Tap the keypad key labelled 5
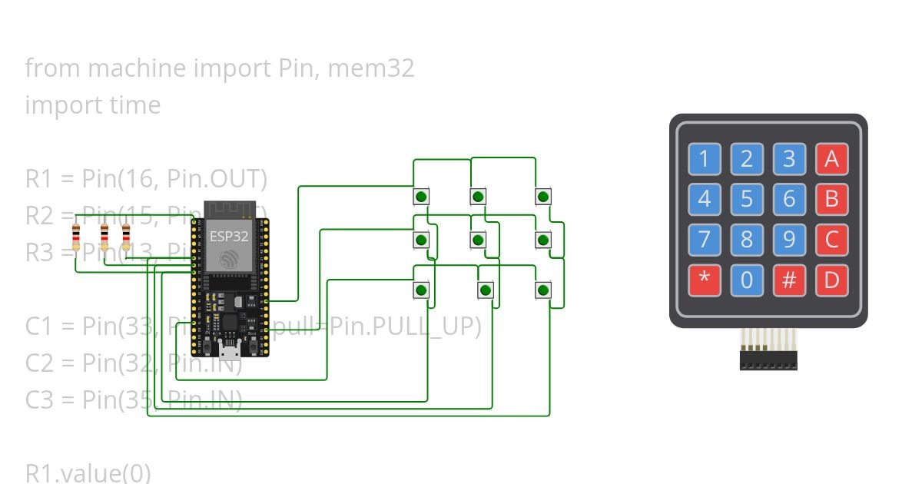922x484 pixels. point(746,200)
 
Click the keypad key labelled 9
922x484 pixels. point(788,240)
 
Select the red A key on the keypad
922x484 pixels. point(831,160)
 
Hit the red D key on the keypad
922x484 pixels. point(831,280)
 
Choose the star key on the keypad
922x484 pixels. point(704,280)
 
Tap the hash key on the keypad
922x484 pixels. point(788,280)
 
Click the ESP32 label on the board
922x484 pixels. point(230,237)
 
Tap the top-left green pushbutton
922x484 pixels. point(421,197)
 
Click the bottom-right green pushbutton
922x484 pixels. point(543,290)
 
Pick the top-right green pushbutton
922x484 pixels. point(543,197)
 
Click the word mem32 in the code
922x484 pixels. point(371,68)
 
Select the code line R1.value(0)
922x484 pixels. point(88,472)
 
